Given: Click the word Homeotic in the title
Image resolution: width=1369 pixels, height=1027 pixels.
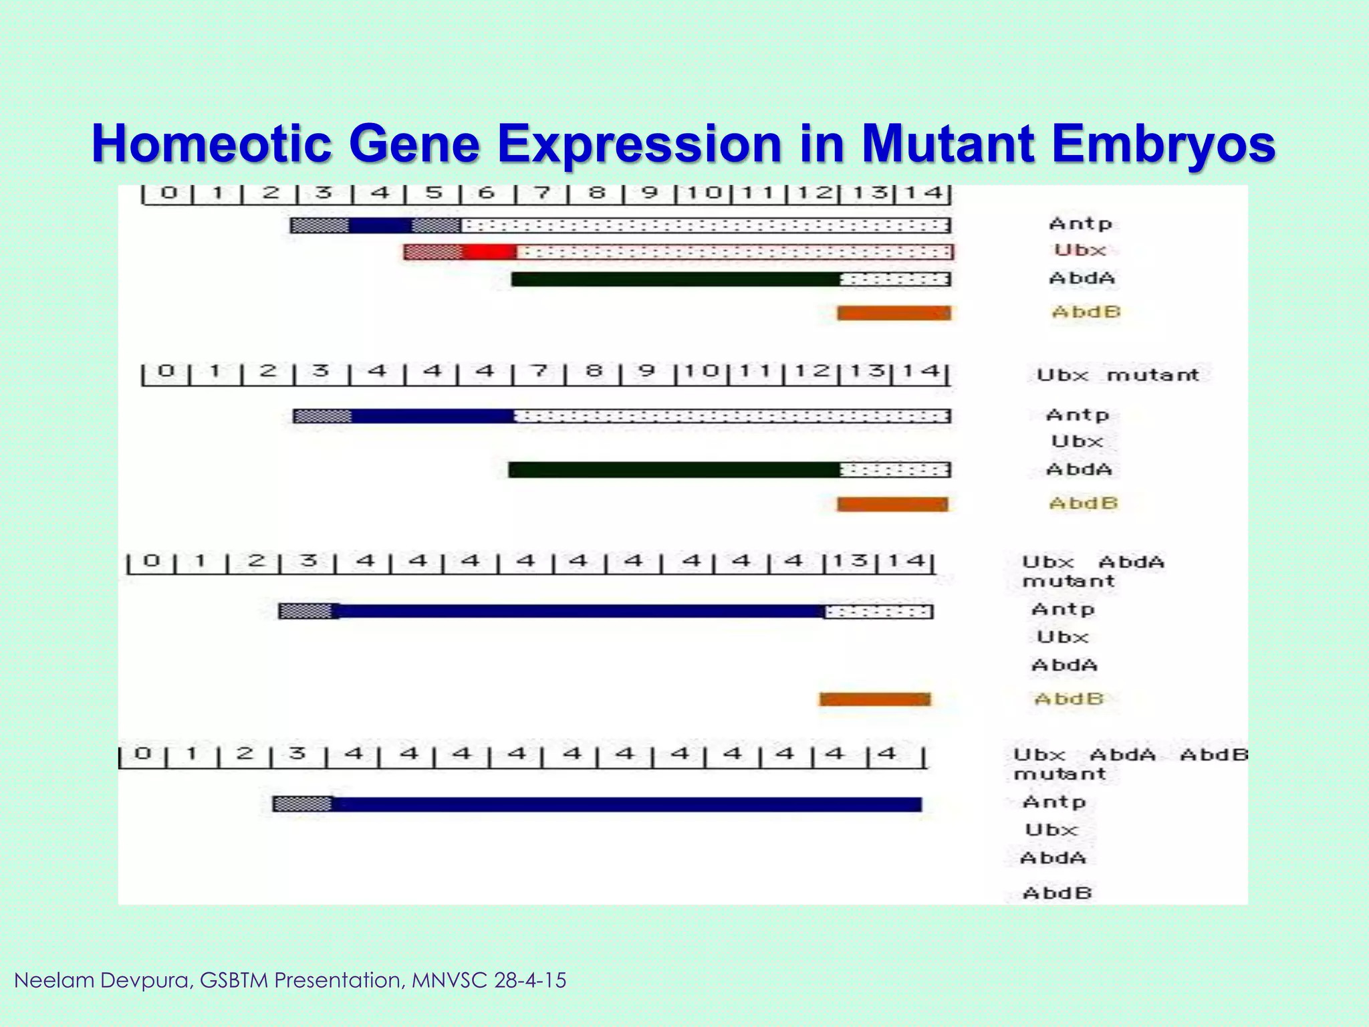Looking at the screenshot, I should [212, 144].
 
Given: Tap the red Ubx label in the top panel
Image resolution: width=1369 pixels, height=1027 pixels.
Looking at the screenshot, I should [1080, 250].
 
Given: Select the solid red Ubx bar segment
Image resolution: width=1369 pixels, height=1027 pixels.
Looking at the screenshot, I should [489, 252].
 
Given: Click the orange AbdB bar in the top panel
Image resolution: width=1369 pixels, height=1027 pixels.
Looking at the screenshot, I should [894, 313].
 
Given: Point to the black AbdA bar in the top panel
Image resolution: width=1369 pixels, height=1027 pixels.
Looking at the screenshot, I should [675, 279].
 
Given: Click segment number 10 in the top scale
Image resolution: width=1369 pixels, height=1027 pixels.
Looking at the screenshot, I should [704, 193].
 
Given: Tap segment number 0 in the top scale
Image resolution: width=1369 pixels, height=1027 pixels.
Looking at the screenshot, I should [168, 193].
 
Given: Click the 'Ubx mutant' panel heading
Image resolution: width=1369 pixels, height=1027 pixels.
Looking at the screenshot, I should [1117, 375].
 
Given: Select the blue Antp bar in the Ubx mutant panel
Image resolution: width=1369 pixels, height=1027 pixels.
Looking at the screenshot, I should [431, 417].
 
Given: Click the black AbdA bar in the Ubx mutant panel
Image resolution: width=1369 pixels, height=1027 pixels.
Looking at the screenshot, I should [674, 470].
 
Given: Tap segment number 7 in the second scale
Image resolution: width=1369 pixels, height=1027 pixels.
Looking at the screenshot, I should [539, 370].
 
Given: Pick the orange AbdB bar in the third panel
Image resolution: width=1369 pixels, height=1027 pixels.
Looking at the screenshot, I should [874, 699].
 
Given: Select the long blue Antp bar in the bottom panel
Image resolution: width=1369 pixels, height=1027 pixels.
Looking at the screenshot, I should [625, 804].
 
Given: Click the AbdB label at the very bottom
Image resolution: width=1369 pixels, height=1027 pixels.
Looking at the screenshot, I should [1057, 893].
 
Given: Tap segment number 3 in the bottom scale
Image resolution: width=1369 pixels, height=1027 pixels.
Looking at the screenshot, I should [297, 754].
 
